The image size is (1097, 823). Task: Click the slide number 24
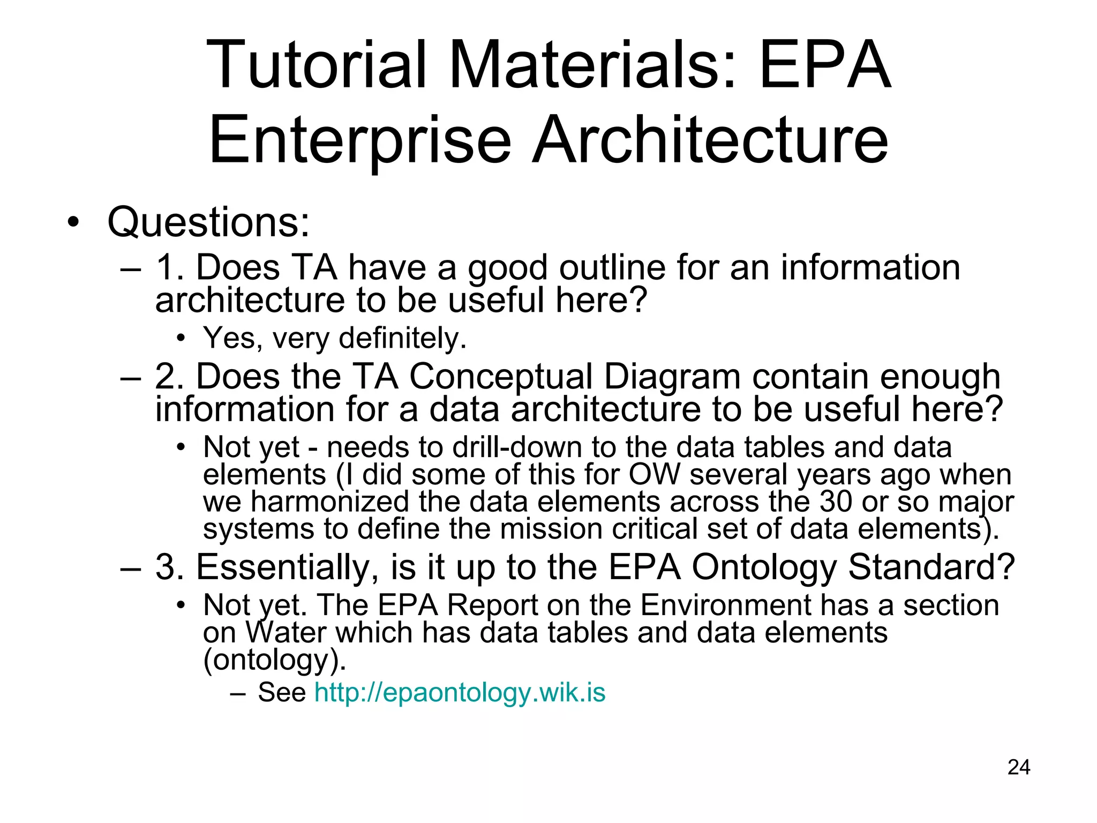1018,767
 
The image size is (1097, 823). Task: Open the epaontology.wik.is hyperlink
460,692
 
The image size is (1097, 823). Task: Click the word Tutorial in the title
316,65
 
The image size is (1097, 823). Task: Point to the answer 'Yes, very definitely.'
335,338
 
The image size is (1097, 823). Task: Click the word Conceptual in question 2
501,376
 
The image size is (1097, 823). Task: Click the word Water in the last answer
285,632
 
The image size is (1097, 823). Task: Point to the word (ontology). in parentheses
275,660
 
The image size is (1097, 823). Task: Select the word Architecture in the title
710,140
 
